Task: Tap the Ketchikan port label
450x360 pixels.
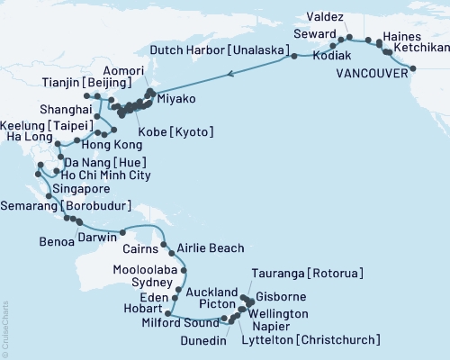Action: [x=419, y=51]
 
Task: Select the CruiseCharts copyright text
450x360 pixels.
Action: [x=4, y=329]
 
